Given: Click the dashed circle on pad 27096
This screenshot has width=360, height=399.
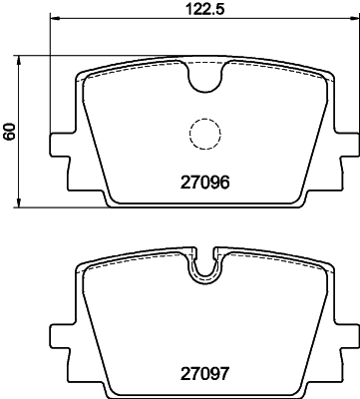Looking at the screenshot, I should tap(204, 133).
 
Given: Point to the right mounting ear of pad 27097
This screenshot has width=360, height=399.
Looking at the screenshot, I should tap(343, 337).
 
